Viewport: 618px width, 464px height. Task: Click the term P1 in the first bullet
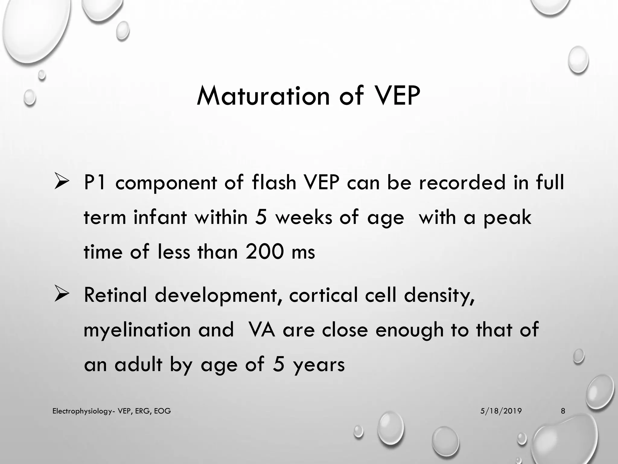(95, 183)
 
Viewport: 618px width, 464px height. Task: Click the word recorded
(462, 183)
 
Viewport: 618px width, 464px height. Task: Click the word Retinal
(116, 295)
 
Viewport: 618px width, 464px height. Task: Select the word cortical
(323, 295)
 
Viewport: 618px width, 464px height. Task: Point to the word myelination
(137, 330)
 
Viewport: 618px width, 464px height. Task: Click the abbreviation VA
(261, 330)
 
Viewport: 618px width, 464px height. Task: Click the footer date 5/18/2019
(501, 411)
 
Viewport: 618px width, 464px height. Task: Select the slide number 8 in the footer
(563, 411)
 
